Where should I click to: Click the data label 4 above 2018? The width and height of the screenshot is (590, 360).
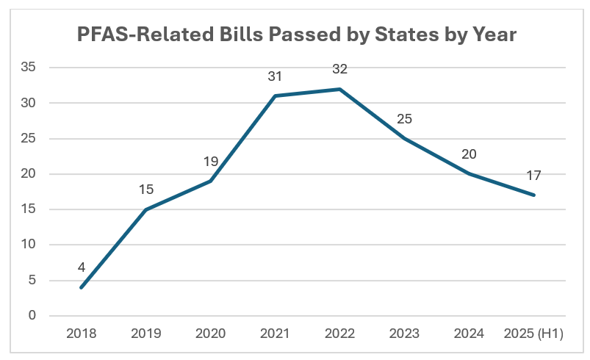click(81, 267)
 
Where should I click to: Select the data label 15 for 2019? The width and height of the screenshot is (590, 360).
click(146, 190)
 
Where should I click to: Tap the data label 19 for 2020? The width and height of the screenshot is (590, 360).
click(210, 161)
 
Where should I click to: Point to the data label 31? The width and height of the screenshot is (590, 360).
click(275, 76)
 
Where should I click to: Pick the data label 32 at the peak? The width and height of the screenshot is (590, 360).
click(339, 69)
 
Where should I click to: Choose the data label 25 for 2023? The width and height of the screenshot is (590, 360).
click(404, 118)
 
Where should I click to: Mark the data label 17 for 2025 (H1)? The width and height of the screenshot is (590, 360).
click(534, 175)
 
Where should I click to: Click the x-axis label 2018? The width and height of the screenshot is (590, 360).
click(81, 334)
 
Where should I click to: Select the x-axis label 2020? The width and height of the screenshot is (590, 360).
click(210, 334)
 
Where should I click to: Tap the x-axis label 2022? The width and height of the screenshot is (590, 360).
click(339, 334)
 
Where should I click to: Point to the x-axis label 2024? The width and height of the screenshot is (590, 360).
click(470, 334)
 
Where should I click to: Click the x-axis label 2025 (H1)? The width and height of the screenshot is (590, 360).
click(534, 334)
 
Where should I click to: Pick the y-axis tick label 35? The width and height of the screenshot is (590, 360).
click(31, 68)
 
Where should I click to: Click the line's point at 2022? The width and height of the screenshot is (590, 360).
click(339, 89)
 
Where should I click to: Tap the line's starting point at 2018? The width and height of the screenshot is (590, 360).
click(81, 287)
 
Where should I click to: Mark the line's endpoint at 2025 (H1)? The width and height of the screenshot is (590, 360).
click(534, 195)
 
